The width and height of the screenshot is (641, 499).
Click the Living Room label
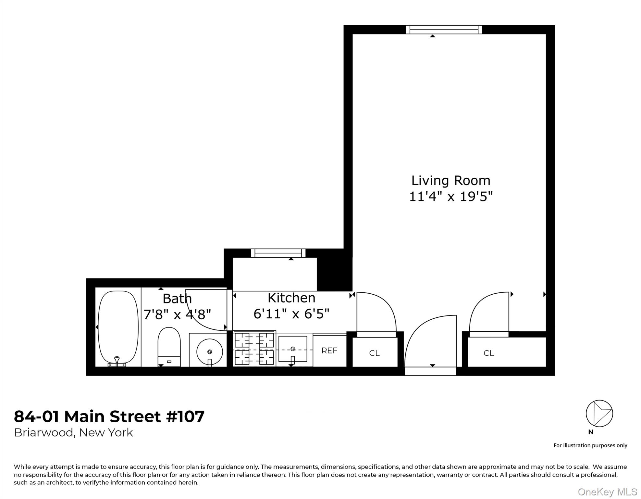450,181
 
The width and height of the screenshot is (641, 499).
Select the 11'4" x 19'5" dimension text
450,197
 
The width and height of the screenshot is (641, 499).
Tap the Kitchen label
291,298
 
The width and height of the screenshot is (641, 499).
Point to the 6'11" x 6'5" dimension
291,314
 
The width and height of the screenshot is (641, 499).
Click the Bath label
177,299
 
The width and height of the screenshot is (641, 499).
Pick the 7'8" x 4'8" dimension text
177,314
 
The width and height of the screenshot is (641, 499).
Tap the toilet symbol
169,346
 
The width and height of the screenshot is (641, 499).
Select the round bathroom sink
209,352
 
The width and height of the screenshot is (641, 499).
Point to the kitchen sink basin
293,349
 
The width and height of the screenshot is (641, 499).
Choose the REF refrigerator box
329,351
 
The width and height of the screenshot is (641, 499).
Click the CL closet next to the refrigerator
375,353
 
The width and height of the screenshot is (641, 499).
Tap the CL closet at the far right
489,353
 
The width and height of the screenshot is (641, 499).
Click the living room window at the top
444,30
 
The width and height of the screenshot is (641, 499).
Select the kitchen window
278,253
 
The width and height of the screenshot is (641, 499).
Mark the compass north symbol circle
599,414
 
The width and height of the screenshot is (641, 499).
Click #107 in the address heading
185,416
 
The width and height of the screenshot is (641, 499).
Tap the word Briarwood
43,433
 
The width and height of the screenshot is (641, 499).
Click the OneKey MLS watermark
607,492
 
